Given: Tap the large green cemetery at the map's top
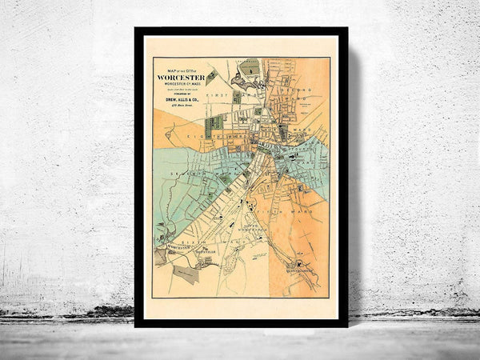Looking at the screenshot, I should [254, 70].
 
